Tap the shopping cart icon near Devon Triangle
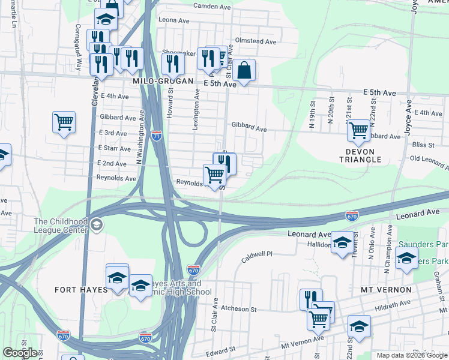[358, 130]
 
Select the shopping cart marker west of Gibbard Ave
[64, 122]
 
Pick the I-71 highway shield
[157, 136]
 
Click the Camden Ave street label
[212, 7]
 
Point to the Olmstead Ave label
[256, 42]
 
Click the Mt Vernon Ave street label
[305, 339]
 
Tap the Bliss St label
[423, 145]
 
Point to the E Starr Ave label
[114, 148]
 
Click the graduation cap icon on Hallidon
[342, 242]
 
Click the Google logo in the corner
[20, 353]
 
